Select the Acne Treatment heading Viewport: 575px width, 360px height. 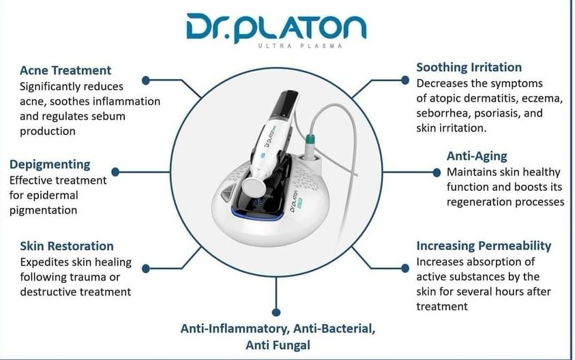coord(65,70)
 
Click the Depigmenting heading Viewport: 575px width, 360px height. coord(50,164)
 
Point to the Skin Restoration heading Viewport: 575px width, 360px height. coord(67,245)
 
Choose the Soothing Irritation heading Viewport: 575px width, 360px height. coord(469,67)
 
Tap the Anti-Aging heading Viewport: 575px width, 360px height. coord(477,155)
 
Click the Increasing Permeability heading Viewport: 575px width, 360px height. coord(484,245)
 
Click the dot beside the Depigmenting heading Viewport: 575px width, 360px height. coord(115,172)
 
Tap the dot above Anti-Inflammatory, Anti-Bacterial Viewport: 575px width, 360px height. coord(277,307)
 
